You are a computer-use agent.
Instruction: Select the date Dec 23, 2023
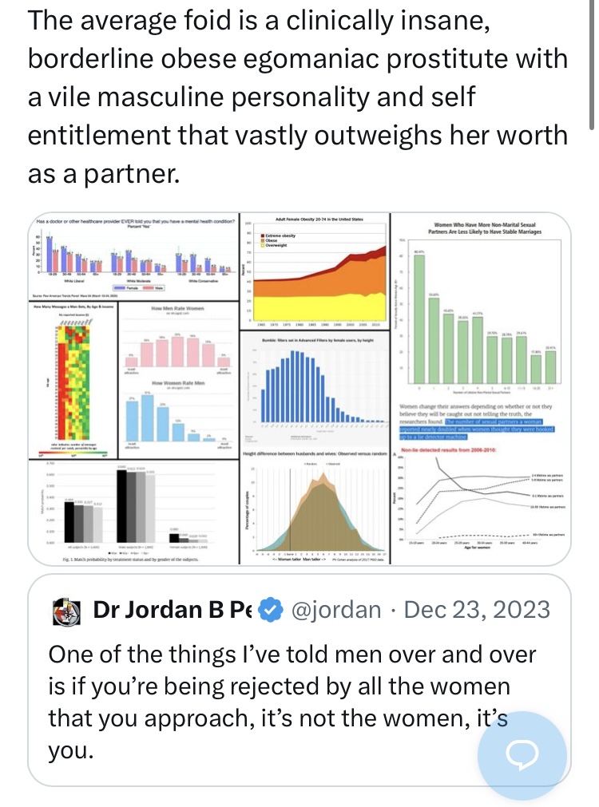478,611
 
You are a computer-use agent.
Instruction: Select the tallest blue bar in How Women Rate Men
146,415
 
